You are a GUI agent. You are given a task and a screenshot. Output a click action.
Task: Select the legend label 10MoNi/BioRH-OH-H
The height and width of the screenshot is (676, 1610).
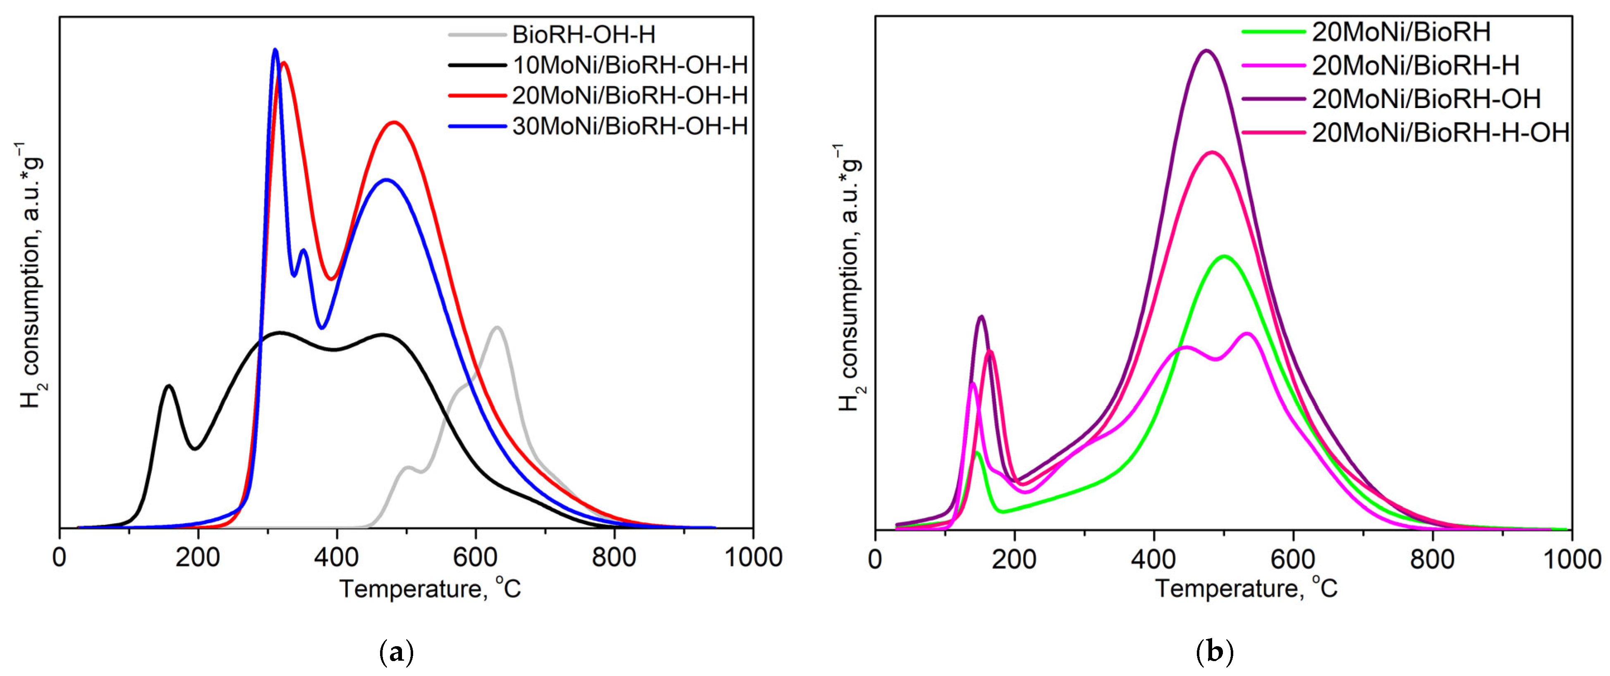click(x=629, y=65)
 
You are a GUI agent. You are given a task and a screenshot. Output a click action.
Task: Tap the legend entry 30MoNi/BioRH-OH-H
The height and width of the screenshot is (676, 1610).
click(x=629, y=126)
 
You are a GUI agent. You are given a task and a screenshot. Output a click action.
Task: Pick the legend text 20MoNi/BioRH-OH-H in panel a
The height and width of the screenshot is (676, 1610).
click(x=629, y=96)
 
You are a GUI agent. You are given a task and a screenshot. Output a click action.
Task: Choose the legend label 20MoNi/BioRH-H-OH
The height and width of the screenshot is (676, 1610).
click(x=1440, y=132)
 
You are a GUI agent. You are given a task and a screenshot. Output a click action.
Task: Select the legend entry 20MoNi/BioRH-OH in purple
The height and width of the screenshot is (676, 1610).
click(x=1426, y=99)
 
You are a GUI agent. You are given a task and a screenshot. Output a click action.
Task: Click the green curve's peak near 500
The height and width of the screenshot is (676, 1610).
click(x=1224, y=256)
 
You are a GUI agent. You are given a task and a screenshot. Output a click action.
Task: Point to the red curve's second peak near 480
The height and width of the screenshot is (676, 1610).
click(x=394, y=123)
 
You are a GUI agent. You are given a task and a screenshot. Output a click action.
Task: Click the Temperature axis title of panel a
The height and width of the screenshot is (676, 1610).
click(x=430, y=589)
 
